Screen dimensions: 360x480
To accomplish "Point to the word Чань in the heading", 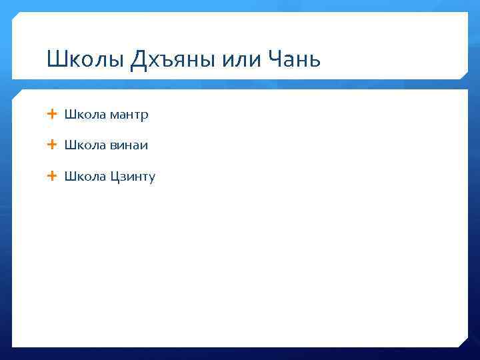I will click(294, 61).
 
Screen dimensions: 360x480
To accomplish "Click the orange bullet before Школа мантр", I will click(53, 115).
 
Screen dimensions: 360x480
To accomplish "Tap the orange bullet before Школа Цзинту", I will click(53, 176).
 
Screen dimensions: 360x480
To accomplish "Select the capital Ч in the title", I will click(274, 61).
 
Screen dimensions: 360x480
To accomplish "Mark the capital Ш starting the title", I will click(55, 61).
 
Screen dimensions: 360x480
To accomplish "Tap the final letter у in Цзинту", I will click(151, 178).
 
